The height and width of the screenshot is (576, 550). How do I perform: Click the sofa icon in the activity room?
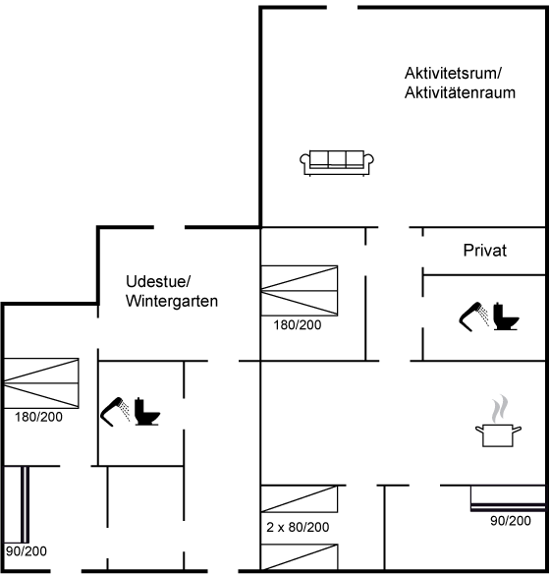click(337, 163)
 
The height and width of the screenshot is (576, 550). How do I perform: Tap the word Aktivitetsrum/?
click(453, 73)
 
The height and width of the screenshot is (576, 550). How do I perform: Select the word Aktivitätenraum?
click(460, 92)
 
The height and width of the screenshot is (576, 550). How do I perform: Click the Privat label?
click(484, 251)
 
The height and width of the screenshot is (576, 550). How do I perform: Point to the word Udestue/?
click(158, 282)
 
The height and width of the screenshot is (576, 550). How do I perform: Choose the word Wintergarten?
click(172, 301)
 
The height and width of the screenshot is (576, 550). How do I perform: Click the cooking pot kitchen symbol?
click(498, 421)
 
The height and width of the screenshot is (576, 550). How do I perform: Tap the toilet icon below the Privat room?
click(506, 316)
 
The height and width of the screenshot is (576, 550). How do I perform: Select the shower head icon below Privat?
click(473, 317)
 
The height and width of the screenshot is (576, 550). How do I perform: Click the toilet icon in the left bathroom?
click(147, 412)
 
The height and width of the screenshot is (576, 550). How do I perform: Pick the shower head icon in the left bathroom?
click(115, 412)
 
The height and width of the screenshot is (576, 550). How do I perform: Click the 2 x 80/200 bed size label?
click(298, 527)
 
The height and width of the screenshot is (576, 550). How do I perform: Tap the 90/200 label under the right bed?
click(511, 521)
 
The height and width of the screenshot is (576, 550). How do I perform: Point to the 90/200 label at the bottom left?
click(27, 551)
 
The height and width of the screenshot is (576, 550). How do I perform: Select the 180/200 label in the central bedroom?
click(298, 324)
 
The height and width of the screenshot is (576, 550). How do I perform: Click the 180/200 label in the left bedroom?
click(38, 417)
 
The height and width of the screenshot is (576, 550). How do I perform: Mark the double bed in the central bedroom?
click(300, 291)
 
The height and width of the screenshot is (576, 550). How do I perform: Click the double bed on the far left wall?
click(40, 383)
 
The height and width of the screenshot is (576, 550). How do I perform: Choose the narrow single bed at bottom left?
click(25, 504)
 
